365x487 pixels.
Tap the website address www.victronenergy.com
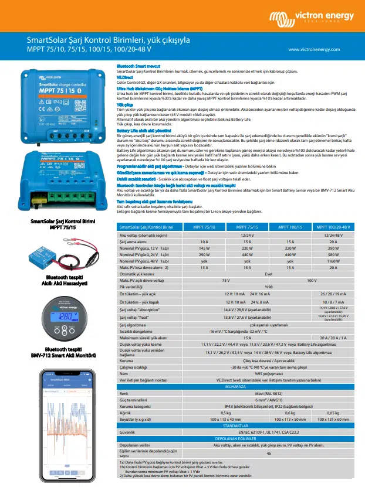click(x=319, y=49)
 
